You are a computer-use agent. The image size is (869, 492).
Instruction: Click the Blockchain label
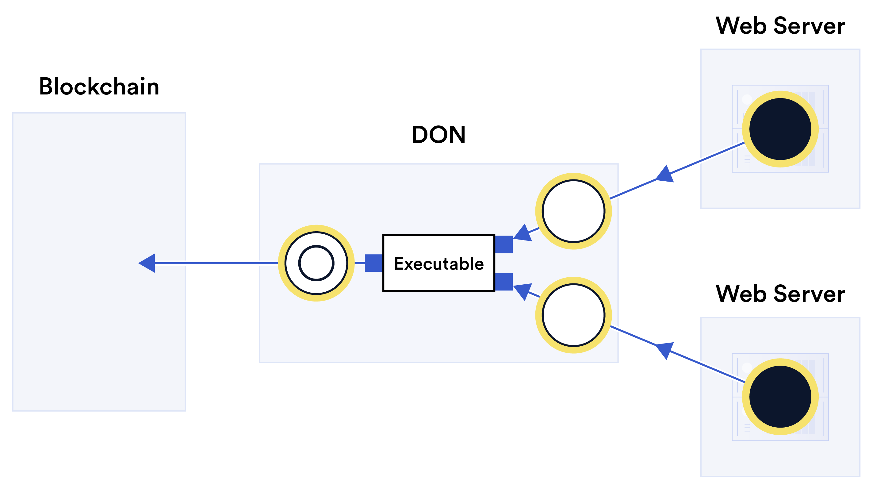click(99, 86)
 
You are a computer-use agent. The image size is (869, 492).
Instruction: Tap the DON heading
click(438, 134)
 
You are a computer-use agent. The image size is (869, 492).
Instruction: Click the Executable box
click(438, 263)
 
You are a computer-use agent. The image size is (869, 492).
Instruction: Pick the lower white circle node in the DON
click(573, 315)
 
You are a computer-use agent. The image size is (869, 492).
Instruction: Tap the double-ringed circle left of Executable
click(316, 263)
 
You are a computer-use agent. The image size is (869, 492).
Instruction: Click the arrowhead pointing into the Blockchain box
click(148, 263)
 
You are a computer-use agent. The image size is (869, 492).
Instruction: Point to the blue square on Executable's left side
click(373, 263)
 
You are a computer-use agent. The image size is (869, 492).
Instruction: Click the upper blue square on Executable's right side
click(503, 244)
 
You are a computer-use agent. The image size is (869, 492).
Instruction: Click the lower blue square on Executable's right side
click(503, 282)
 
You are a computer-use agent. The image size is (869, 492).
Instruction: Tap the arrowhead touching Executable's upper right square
click(523, 233)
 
